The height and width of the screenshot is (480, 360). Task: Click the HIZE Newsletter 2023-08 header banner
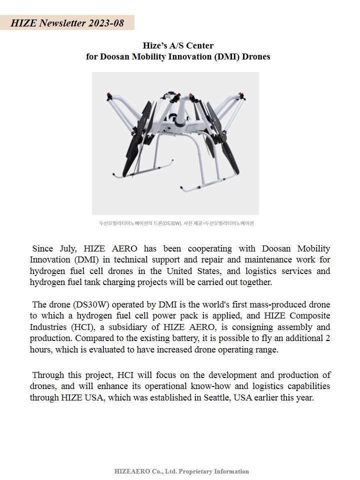coord(67,23)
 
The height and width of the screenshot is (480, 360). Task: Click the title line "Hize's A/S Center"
coord(178,46)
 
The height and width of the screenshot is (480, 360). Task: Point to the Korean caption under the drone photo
coord(176,223)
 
